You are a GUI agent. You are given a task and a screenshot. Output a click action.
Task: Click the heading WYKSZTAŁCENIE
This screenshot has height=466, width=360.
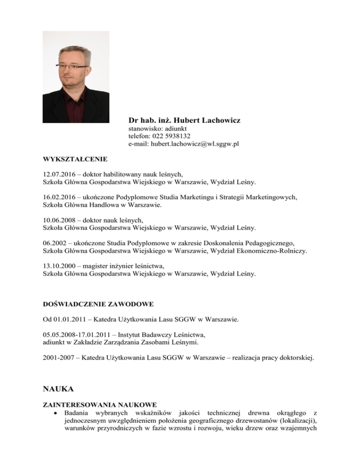[x=75, y=159]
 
